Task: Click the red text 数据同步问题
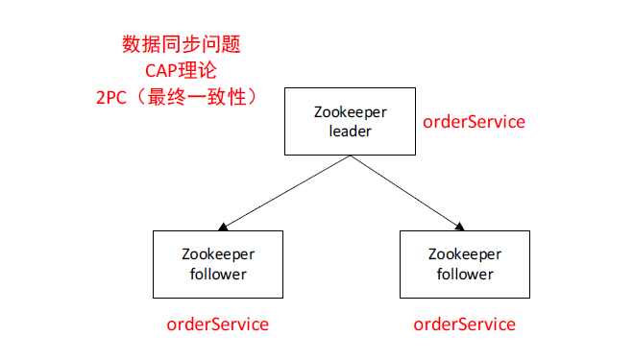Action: coord(181,44)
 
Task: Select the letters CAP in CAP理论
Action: coord(164,71)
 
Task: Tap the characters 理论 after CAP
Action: coord(203,71)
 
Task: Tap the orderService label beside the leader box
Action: coord(474,122)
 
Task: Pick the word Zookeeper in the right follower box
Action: coord(464,254)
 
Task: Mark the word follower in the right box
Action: coord(464,274)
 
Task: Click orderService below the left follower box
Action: coord(217,324)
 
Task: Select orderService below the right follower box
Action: coord(464,324)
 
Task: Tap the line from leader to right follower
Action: coord(403,192)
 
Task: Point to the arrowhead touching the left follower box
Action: coord(223,228)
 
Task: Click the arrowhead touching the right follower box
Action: coord(460,227)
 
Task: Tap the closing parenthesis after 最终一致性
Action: coord(255,98)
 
